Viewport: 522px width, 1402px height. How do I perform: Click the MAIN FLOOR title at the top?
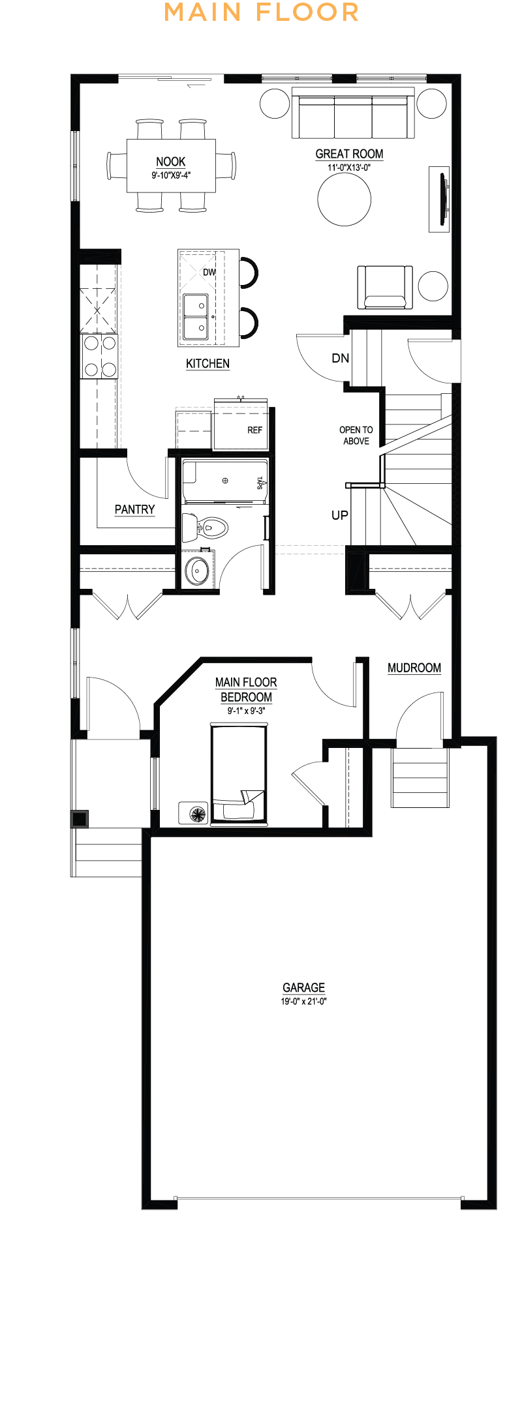pyautogui.click(x=261, y=12)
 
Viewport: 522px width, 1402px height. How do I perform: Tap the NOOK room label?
pyautogui.click(x=171, y=162)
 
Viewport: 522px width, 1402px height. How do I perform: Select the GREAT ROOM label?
pyautogui.click(x=349, y=154)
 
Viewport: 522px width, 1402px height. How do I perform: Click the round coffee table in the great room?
pyautogui.click(x=345, y=199)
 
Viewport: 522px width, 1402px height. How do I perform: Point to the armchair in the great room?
pyautogui.click(x=385, y=287)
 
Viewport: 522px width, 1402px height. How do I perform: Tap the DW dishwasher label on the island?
pyautogui.click(x=209, y=272)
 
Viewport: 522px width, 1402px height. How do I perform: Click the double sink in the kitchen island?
pyautogui.click(x=196, y=317)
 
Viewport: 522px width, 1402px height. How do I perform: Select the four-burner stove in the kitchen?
pyautogui.click(x=99, y=356)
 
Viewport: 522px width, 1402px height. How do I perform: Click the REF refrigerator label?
pyautogui.click(x=254, y=430)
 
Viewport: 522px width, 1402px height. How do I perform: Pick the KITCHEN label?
pyautogui.click(x=207, y=364)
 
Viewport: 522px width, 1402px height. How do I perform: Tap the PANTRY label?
pyautogui.click(x=135, y=509)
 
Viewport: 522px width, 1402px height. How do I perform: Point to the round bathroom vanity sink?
pyautogui.click(x=197, y=571)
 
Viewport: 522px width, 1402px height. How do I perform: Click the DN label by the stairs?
pyautogui.click(x=341, y=358)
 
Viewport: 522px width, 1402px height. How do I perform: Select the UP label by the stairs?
pyautogui.click(x=340, y=515)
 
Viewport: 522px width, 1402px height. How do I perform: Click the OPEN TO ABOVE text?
pyautogui.click(x=356, y=436)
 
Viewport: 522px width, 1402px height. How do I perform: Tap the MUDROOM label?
pyautogui.click(x=414, y=668)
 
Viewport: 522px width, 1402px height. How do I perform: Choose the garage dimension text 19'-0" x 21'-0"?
pyautogui.click(x=304, y=1001)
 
